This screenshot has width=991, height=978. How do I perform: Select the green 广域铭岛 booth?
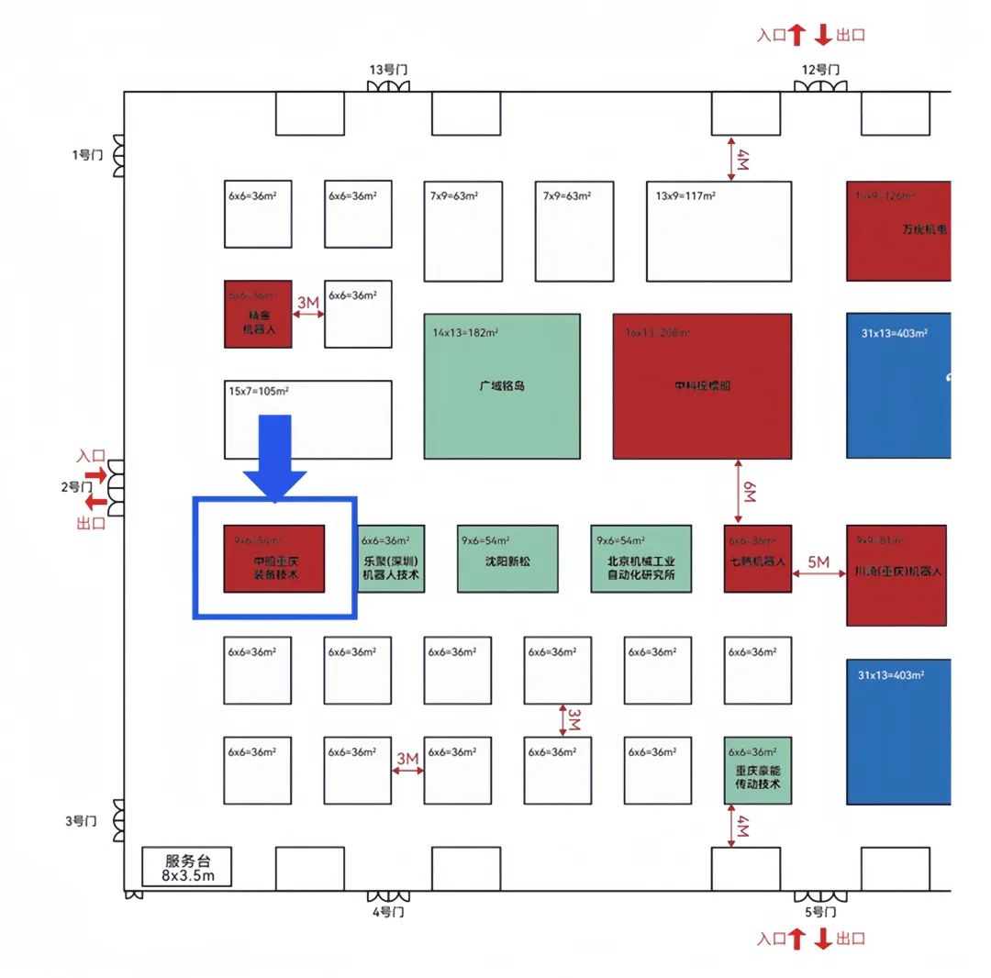pyautogui.click(x=501, y=386)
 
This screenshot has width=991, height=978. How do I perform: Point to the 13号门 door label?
pyautogui.click(x=387, y=70)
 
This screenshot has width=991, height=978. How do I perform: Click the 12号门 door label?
pyautogui.click(x=820, y=70)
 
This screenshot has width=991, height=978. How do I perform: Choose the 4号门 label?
pyautogui.click(x=387, y=912)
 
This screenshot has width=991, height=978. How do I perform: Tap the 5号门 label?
pyautogui.click(x=820, y=912)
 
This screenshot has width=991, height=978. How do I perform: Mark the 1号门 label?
pyautogui.click(x=86, y=155)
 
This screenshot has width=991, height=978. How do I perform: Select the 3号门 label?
pyautogui.click(x=81, y=820)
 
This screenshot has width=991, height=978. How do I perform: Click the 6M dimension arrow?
pyautogui.click(x=739, y=492)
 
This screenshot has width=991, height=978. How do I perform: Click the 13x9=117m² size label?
pyautogui.click(x=685, y=195)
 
